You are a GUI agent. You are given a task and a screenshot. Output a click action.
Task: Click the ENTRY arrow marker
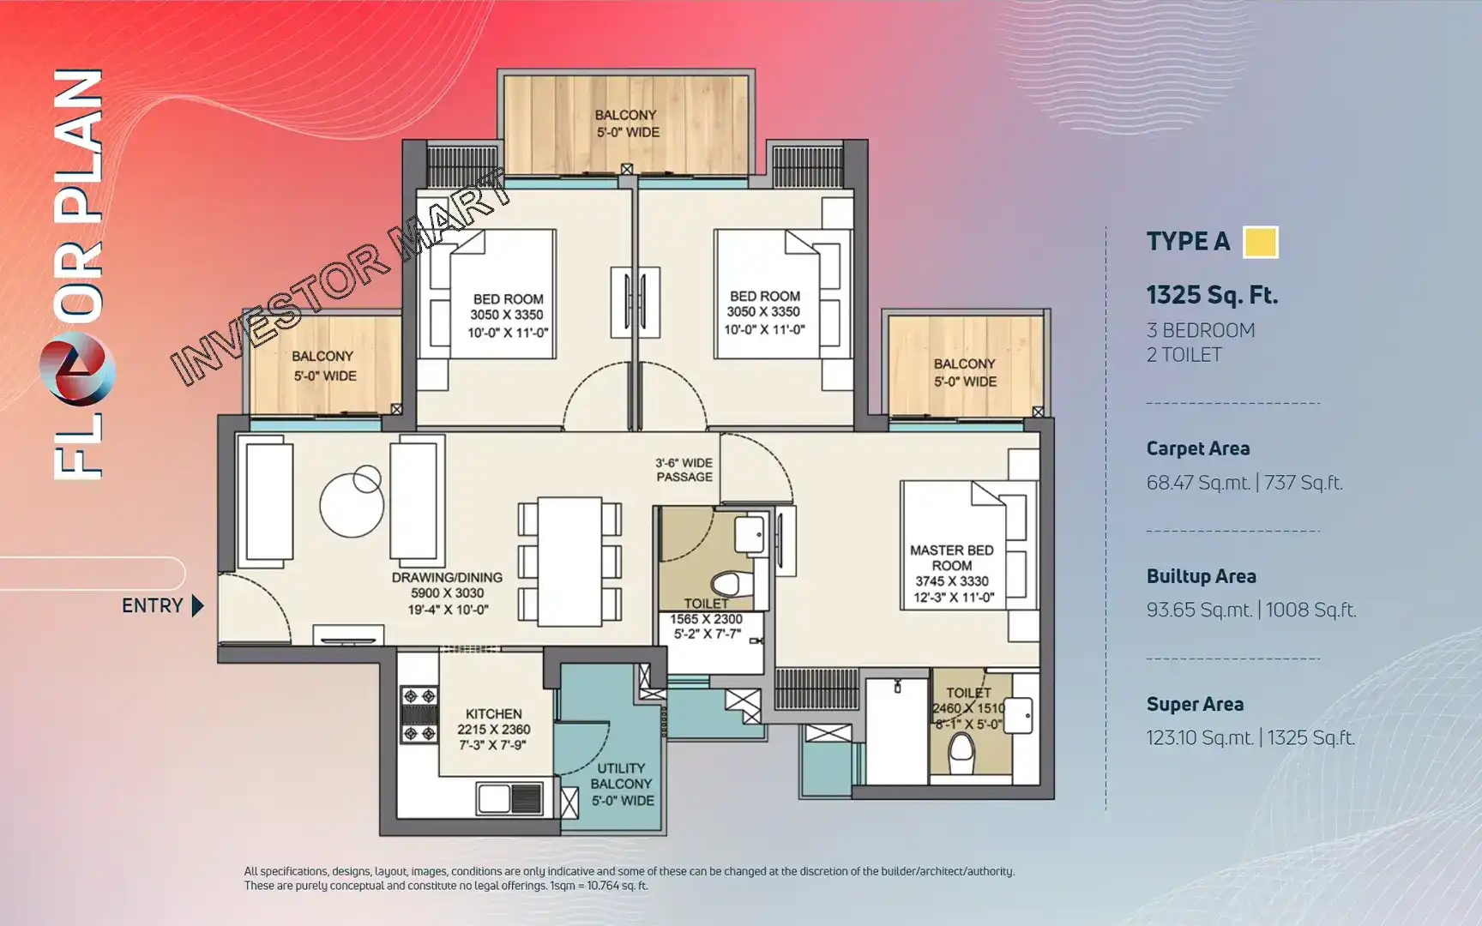197,606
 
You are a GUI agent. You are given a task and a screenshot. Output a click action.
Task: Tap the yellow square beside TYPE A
1261,242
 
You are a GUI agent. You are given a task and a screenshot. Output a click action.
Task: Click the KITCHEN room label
493,713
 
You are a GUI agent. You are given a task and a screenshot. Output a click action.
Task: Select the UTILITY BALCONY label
621,776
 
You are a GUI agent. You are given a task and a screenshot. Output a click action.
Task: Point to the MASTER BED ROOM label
951,558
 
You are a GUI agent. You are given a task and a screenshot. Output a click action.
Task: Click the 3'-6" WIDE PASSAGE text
684,470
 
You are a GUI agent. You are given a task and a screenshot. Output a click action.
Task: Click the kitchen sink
510,798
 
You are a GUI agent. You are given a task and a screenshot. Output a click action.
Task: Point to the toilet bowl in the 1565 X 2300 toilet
727,585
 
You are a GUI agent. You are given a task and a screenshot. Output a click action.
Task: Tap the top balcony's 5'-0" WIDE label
628,132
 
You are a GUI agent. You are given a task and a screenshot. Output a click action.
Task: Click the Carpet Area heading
1197,448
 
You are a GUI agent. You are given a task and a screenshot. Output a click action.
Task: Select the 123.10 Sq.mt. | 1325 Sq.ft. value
1250,737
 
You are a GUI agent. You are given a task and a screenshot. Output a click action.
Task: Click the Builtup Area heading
1201,576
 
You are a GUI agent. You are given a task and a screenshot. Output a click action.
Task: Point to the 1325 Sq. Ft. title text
1212,295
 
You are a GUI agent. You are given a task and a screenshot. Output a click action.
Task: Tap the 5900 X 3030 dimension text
447,593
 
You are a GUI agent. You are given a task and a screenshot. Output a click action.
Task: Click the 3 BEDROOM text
1201,330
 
